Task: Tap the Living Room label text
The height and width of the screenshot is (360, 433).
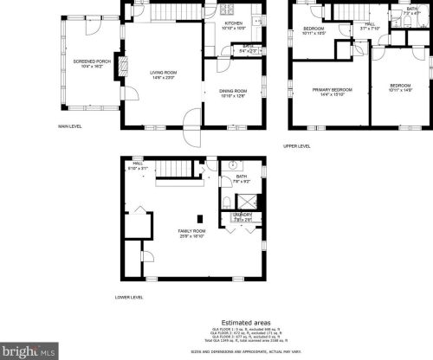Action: coord(163,74)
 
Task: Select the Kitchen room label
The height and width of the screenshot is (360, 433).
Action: coord(233,26)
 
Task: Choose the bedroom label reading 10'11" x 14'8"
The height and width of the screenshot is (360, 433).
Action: coord(400,87)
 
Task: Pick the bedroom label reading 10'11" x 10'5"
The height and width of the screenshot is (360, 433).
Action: coord(313,31)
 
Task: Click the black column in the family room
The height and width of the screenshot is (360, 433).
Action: coord(199,218)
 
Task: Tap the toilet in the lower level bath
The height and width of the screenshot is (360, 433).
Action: coord(226,201)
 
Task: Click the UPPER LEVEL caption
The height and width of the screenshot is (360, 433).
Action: coord(296,145)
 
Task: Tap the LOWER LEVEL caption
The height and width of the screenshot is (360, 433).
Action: coord(128,297)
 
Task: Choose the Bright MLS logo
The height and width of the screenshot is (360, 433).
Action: coord(28,351)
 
